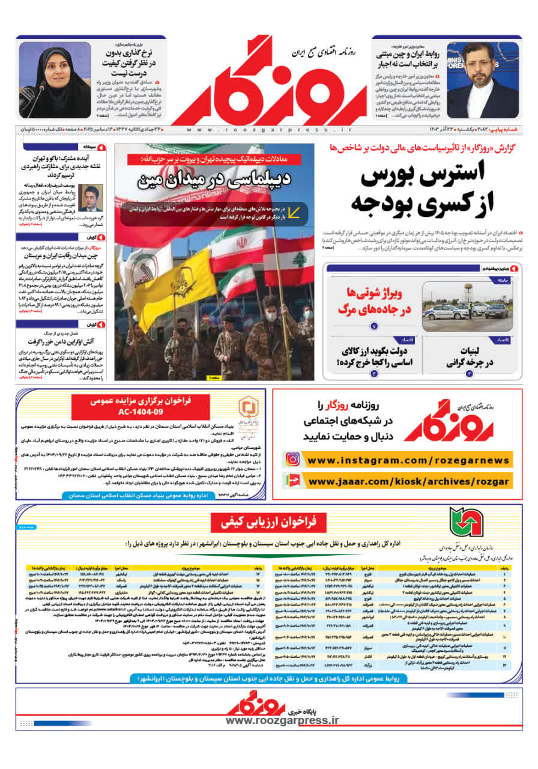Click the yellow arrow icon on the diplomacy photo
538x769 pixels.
tap(295, 211)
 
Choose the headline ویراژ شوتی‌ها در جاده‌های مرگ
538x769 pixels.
tap(377, 300)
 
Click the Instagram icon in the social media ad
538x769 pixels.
tap(292, 460)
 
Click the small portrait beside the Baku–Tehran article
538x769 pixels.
tap(91, 198)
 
